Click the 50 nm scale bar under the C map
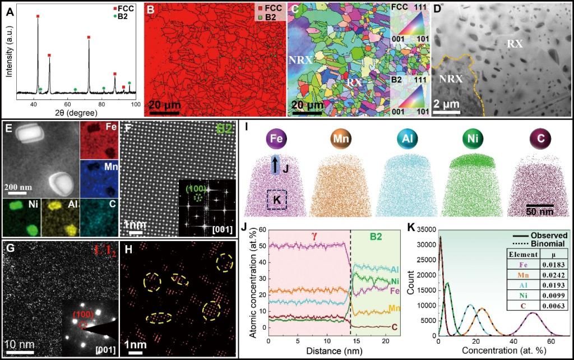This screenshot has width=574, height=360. coord(539,205)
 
